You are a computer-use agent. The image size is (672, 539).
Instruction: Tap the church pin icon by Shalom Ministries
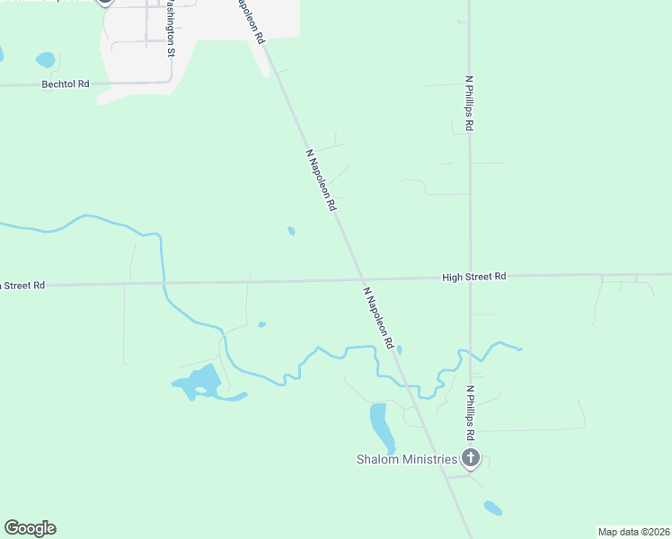pos(470,458)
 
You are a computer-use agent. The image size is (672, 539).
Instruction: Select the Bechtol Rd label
pos(66,84)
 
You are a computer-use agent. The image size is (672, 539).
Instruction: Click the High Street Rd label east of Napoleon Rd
pos(474,277)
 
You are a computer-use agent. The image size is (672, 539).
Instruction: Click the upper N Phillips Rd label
pos(469,103)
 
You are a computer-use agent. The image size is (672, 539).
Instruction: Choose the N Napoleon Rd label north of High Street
pos(322,180)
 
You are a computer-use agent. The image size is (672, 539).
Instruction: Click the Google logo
pos(30,528)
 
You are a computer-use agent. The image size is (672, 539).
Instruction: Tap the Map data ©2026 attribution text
pos(632,532)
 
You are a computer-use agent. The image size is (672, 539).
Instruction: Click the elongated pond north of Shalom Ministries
pos(380,426)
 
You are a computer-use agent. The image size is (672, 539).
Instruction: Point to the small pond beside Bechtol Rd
pos(45,60)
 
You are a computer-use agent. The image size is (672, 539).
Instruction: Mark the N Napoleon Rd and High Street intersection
pos(360,278)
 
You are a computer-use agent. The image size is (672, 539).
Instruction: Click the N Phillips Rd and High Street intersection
pos(470,276)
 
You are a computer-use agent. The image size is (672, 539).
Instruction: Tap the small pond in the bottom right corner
pos(493,508)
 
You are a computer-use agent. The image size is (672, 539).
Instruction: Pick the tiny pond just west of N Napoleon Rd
pos(291,231)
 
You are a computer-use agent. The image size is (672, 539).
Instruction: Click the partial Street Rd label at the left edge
pos(22,286)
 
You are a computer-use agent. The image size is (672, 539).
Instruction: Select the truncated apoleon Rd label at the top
pos(251,20)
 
